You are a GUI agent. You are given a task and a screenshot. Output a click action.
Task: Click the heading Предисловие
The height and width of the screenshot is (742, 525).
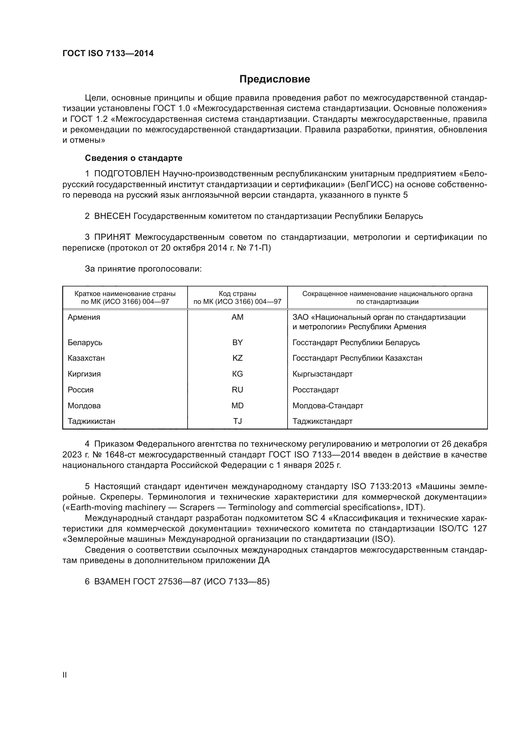point(275,79)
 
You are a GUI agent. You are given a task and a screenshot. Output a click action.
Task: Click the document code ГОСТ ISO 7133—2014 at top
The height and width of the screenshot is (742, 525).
point(108,54)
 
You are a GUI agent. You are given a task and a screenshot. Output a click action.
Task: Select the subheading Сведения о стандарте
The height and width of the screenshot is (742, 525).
point(134,158)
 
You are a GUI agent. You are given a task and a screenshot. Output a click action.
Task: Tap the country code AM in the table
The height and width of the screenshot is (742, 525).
point(237,317)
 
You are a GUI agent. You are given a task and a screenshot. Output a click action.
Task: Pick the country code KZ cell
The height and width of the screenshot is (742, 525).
point(237,358)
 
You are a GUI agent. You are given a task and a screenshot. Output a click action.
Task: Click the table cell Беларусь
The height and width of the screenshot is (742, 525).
point(85,342)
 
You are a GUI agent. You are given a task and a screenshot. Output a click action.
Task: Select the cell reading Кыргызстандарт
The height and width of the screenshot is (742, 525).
point(322,374)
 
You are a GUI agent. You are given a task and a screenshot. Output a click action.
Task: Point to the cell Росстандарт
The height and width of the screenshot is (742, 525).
point(316,390)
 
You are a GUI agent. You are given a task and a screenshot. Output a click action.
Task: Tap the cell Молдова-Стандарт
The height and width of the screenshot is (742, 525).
point(328,406)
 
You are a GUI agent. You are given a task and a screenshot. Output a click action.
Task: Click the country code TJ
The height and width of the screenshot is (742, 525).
point(237,421)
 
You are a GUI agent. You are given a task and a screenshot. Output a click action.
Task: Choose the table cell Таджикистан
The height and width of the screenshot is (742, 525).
point(91,421)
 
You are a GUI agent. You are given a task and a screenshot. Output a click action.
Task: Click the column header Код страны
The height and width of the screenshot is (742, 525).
point(237,294)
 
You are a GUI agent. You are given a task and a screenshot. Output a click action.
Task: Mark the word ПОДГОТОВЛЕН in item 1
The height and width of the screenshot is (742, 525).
point(127,174)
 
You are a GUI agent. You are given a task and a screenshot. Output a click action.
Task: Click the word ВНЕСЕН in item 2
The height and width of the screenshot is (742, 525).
point(112,216)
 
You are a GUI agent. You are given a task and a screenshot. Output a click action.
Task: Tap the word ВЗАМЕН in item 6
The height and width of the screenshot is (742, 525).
point(112,582)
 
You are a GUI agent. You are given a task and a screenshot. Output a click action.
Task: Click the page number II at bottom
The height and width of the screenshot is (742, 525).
point(64,675)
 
